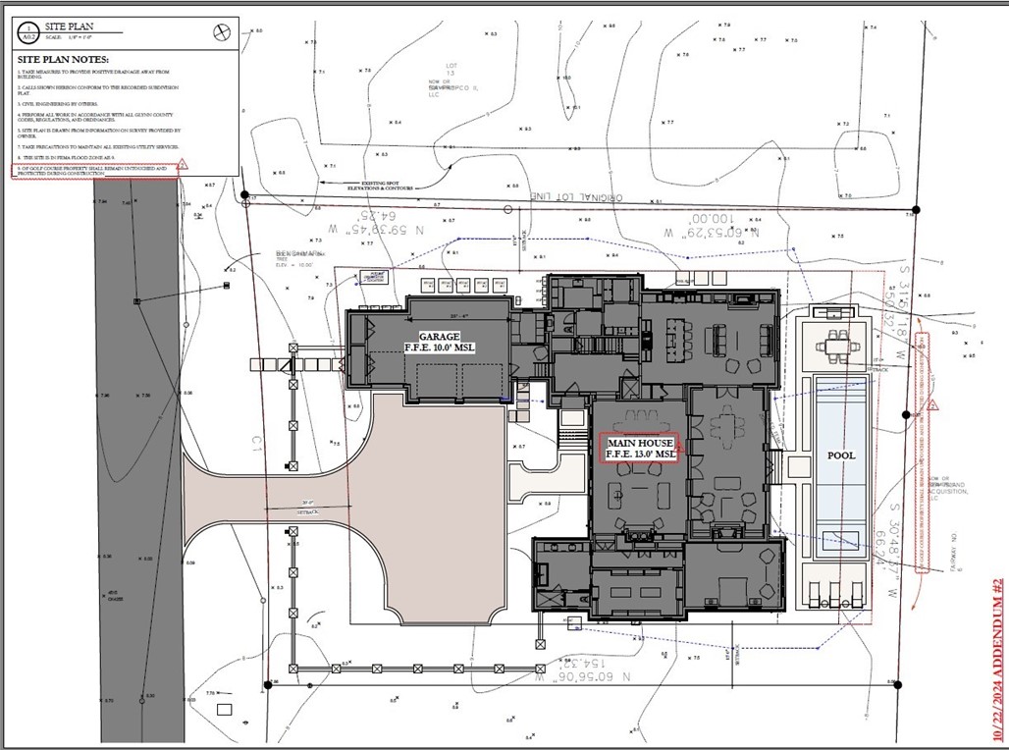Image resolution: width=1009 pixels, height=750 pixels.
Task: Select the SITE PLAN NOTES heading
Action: click(63, 60)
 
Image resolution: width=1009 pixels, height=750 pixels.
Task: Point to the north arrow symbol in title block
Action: click(221, 31)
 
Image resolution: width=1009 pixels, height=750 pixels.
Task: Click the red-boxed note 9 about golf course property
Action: click(93, 171)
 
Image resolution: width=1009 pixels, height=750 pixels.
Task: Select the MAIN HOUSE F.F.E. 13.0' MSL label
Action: click(641, 448)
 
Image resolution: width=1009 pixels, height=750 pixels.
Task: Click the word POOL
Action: click(840, 455)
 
